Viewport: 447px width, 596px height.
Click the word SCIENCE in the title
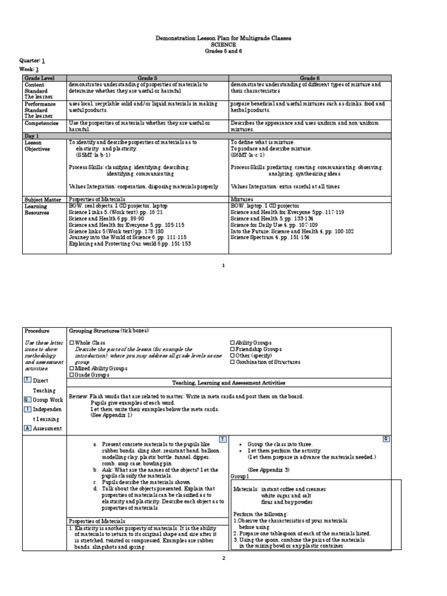[x=223, y=44]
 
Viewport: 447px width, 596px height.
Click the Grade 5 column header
[x=148, y=77]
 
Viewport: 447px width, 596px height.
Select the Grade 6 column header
[x=310, y=77]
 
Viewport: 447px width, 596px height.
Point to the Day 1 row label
[x=31, y=136]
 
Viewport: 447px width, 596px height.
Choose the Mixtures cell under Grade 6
[x=244, y=198]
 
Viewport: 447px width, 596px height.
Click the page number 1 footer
[x=223, y=265]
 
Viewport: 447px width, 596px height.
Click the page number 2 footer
[x=223, y=558]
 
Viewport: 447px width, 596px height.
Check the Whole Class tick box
[x=72, y=342]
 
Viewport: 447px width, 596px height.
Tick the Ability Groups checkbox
[x=233, y=342]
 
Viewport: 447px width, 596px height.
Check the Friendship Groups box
[x=233, y=349]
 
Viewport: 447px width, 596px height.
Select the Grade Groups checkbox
[x=72, y=375]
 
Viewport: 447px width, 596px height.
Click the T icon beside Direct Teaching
[x=27, y=379]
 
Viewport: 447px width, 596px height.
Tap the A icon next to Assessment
[x=27, y=428]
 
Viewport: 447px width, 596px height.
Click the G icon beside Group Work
[x=27, y=399]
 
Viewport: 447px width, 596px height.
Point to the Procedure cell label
[x=36, y=331]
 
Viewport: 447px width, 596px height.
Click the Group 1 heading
[x=239, y=476]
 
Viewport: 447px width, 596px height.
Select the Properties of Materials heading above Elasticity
[x=97, y=521]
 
